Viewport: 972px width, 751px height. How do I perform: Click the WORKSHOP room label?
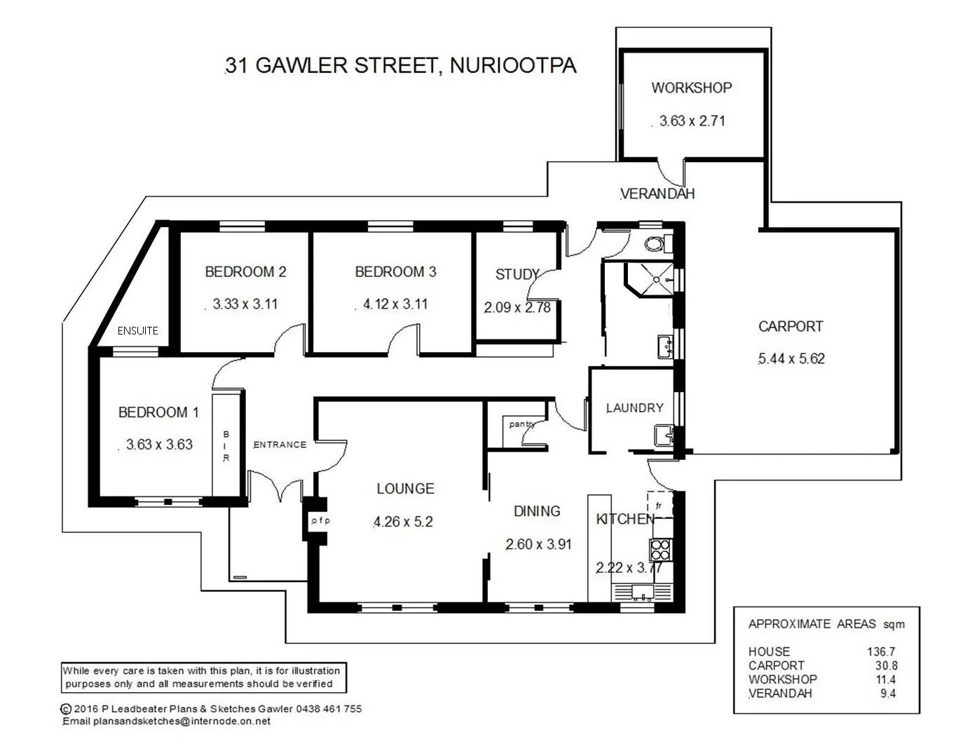point(691,88)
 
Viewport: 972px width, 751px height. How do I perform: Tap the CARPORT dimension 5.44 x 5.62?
point(791,358)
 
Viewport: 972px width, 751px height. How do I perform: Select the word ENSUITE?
point(137,330)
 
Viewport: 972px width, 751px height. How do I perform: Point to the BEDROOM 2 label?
point(245,271)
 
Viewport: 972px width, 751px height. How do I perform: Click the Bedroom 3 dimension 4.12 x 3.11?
point(395,304)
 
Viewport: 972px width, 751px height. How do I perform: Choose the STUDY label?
point(517,274)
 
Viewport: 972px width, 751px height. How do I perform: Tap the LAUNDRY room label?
point(634,407)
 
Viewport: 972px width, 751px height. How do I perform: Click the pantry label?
point(521,424)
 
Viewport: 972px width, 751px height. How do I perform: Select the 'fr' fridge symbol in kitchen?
point(658,505)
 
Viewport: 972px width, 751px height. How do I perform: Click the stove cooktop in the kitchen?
point(661,549)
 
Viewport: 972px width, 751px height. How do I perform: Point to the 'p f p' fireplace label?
point(320,520)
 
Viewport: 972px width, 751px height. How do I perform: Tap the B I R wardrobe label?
point(226,447)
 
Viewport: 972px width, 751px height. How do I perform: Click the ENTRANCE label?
point(280,444)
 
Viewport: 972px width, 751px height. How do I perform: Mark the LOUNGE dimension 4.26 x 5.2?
point(403,522)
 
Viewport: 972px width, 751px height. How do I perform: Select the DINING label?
point(537,511)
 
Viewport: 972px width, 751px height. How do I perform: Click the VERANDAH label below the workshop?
point(657,194)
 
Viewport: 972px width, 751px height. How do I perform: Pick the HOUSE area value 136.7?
point(881,651)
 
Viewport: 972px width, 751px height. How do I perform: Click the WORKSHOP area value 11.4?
point(886,679)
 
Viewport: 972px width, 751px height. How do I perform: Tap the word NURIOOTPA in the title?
point(512,65)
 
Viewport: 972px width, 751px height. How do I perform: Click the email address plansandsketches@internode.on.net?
point(182,721)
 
